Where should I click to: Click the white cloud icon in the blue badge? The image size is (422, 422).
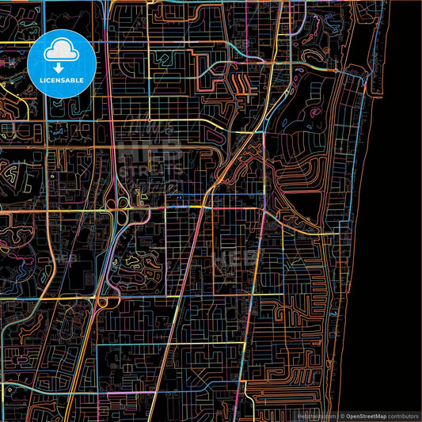click(57, 52)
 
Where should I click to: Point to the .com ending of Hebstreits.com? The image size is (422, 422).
click(327, 415)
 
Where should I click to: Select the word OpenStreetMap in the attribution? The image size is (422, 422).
click(367, 415)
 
